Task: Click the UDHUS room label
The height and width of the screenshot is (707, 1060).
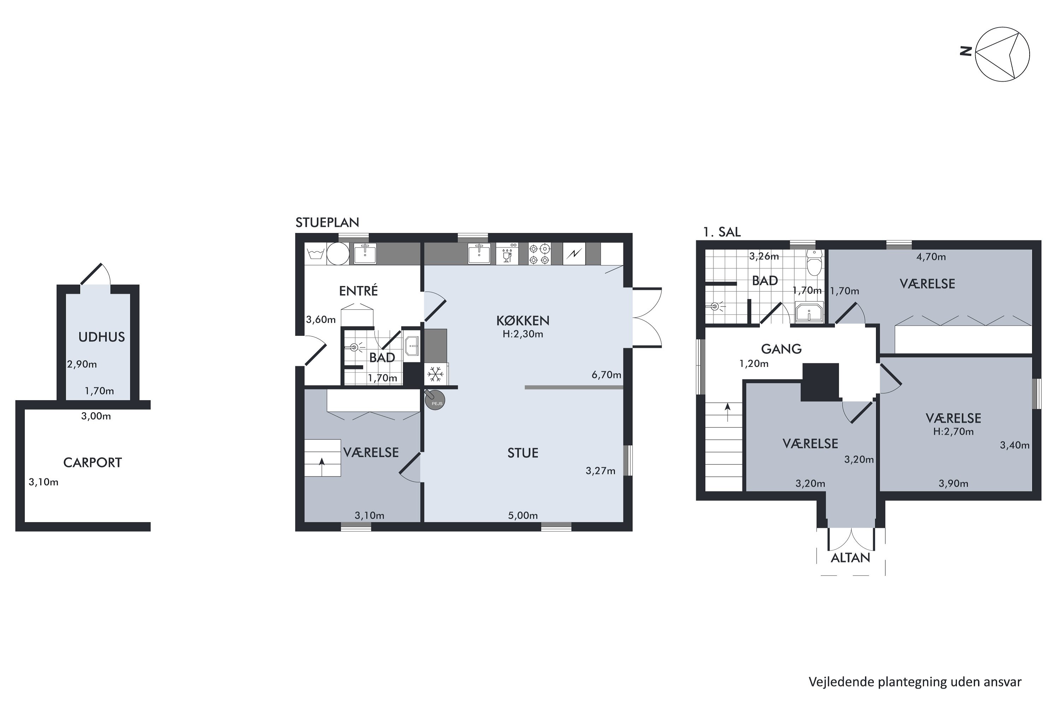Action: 101,337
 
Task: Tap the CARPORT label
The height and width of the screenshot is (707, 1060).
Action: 92,463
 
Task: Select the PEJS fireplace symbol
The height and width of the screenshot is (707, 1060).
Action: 435,401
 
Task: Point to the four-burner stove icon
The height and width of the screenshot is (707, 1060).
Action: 540,254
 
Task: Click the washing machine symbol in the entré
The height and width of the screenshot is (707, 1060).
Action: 316,254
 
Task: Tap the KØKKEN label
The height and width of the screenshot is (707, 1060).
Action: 523,321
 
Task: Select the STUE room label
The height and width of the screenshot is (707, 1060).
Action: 523,453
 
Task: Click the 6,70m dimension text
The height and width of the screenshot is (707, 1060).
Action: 606,375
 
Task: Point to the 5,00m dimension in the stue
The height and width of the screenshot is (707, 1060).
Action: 523,515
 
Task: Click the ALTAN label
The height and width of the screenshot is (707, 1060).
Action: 850,558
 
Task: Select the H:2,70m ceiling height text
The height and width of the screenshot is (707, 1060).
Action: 953,432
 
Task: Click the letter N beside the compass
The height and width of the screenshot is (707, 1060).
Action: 965,51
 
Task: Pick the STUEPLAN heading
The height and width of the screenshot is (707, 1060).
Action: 327,222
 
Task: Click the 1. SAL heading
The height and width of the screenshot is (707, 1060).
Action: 722,232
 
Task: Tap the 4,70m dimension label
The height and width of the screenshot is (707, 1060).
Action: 931,257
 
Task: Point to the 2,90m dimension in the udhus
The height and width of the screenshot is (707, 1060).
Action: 82,364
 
